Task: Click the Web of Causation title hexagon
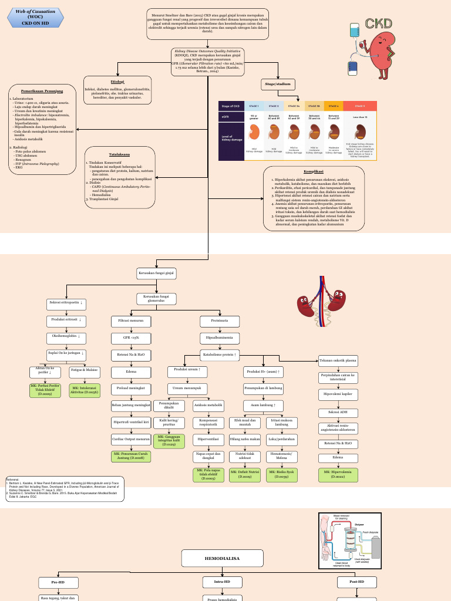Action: coord(36,17)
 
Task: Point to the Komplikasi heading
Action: coord(314,171)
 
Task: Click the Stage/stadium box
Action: coord(278,85)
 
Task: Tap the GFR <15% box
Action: coord(131,338)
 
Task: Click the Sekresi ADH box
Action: coord(338,413)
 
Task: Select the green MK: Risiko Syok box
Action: coord(281,474)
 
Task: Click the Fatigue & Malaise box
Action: coord(84,371)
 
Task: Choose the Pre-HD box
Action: coord(58,582)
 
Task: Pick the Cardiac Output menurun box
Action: coord(131,438)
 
